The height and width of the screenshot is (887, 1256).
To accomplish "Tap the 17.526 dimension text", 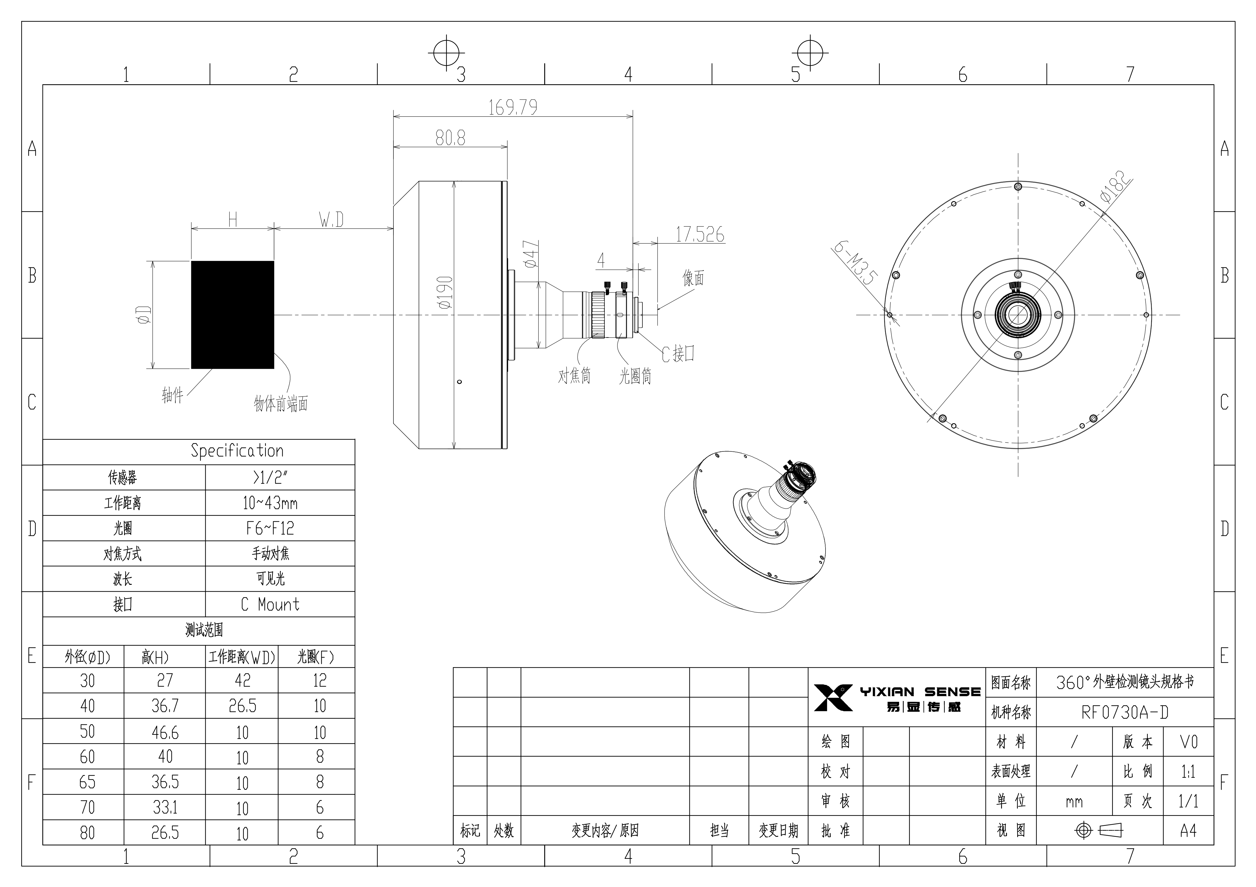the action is click(x=700, y=235).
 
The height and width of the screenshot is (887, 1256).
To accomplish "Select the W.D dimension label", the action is click(x=331, y=220).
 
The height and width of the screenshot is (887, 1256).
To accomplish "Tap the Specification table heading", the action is click(x=237, y=451).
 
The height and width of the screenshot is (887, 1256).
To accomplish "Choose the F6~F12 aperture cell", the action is click(x=270, y=528).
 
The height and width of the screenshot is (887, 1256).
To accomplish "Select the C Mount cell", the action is click(x=270, y=604).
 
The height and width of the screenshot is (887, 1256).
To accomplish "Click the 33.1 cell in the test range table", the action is click(x=165, y=807).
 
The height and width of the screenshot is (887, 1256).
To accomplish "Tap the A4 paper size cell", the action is click(x=1188, y=831).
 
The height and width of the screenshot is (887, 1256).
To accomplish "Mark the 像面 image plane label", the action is click(x=693, y=278).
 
